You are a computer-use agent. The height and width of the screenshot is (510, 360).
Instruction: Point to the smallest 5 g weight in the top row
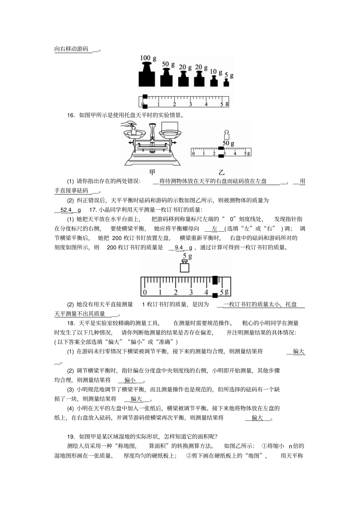point(226,82)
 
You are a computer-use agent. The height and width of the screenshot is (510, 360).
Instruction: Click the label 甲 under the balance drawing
point(152,172)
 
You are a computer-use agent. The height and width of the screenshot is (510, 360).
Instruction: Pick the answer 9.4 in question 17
point(178,248)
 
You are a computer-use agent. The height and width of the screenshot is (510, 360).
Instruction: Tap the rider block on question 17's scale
point(215,281)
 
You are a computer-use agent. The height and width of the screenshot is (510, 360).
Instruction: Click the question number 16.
point(70,115)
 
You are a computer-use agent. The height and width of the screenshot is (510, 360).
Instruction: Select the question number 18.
point(70,323)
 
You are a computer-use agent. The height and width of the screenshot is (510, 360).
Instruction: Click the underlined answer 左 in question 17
point(214,229)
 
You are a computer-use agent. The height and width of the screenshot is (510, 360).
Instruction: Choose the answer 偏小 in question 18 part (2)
point(130,380)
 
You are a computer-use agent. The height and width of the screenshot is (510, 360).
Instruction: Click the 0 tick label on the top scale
point(143,104)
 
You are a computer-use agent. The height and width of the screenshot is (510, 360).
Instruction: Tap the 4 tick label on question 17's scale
point(206,292)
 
